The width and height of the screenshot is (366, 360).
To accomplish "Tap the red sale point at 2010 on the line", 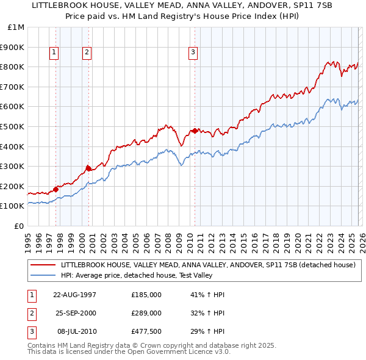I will [195, 131].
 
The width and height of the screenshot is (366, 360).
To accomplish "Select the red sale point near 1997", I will [56, 189].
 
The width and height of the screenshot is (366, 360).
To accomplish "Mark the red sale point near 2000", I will [89, 168].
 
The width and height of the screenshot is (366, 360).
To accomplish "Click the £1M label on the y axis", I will [16, 27].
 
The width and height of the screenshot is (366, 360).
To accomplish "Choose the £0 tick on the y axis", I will [19, 226].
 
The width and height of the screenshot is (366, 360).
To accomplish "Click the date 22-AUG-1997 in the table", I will [75, 295].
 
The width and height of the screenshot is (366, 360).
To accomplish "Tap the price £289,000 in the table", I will [146, 313].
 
